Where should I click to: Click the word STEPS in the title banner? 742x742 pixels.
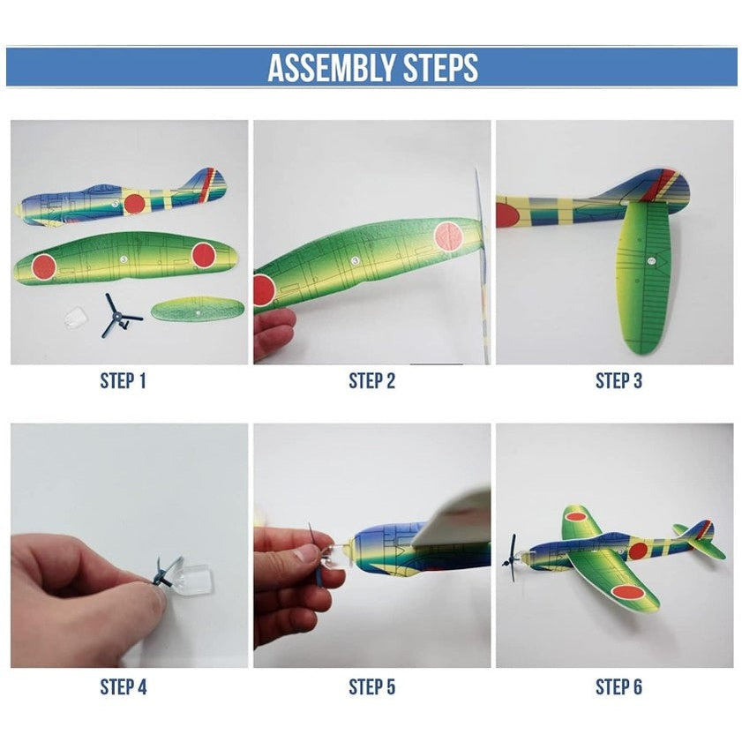coord(440,68)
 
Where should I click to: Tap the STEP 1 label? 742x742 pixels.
coord(123,381)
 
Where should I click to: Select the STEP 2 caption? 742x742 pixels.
coord(372,381)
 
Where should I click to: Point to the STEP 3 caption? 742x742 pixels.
coord(619,381)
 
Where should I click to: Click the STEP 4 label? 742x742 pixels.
coord(123,687)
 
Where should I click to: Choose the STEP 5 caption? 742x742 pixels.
coord(372,687)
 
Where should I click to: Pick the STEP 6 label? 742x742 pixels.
coord(619,687)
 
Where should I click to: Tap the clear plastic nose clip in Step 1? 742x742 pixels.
coord(76,315)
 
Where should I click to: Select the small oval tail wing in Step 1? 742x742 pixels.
coord(198,309)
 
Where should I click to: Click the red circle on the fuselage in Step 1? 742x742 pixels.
coord(134,203)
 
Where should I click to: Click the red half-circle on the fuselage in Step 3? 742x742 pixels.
coord(506,215)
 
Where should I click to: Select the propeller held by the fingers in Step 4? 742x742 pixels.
coord(166,572)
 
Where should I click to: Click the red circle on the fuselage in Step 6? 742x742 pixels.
coord(639,551)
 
